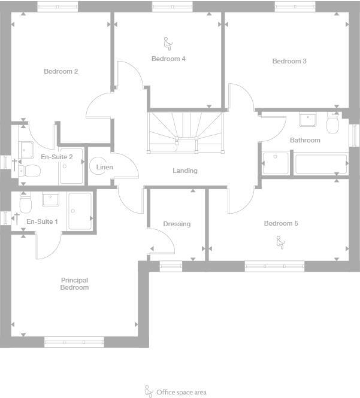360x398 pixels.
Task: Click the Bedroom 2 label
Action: (60, 71)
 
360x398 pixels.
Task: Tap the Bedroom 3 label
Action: (289, 61)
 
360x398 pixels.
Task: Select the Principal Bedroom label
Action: (74, 284)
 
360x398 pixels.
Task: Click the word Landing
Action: (184, 171)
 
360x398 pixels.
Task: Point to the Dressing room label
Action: (177, 224)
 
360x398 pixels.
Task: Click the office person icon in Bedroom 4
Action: (167, 42)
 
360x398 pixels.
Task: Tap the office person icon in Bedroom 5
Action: (279, 242)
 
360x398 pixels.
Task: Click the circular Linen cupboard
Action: (101, 167)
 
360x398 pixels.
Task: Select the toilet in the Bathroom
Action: (333, 124)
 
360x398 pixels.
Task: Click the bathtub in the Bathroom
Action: (319, 164)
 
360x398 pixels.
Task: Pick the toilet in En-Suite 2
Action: (30, 171)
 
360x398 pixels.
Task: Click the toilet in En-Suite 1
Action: (25, 205)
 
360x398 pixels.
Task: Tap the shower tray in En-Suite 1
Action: (80, 211)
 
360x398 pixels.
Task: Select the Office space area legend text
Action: (181, 393)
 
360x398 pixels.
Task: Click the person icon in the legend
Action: (149, 391)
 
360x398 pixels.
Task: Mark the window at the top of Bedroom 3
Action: (295, 7)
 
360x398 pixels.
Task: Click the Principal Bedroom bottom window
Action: (74, 342)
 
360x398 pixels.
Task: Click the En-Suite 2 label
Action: (56, 157)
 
